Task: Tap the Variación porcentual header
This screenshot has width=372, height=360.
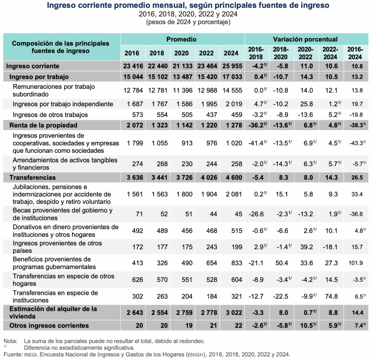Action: point(306,39)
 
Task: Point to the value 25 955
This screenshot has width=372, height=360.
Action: point(231,66)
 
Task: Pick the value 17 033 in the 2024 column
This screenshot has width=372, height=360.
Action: point(231,77)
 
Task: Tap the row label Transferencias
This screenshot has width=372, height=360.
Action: point(33,177)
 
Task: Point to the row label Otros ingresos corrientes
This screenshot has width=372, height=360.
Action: point(49,325)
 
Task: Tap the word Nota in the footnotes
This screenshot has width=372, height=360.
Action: point(10,341)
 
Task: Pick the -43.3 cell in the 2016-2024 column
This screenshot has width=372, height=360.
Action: point(354,143)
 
